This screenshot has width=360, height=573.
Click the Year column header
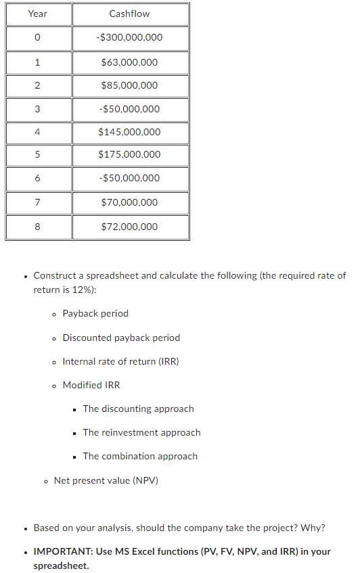tap(38, 14)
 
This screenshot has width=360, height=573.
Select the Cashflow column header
tap(129, 14)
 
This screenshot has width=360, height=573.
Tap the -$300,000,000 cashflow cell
tap(129, 37)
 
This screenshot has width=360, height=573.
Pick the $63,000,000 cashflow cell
tap(129, 62)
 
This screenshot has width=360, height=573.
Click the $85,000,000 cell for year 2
tap(129, 85)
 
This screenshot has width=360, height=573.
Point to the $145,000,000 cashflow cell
tap(129, 132)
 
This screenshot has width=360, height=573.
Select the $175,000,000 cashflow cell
tap(129, 154)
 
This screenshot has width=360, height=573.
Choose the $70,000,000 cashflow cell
tap(129, 202)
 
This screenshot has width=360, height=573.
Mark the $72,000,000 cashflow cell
tap(129, 227)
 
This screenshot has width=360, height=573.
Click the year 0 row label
tap(38, 37)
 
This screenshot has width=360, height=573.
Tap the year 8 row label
tap(38, 227)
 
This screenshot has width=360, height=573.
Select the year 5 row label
tap(38, 154)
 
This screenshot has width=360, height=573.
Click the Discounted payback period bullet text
tap(121, 338)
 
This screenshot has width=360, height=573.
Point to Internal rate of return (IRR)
tap(120, 361)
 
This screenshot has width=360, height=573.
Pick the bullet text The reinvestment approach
tap(141, 432)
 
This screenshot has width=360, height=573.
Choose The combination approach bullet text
tap(140, 456)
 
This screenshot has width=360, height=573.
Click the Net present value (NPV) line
tap(106, 480)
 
